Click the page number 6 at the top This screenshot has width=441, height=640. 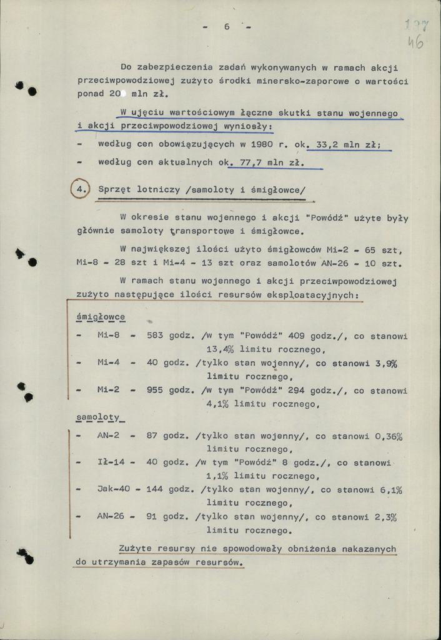[x=227, y=26]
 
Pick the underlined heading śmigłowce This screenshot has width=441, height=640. [x=100, y=317]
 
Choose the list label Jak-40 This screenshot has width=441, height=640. [x=113, y=490]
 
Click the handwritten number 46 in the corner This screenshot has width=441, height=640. [x=415, y=43]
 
